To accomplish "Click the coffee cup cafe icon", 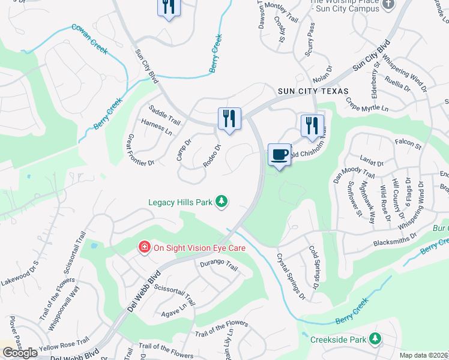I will click(279, 155).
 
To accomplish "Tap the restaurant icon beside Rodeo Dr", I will click(229, 118).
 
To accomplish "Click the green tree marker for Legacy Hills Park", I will click(222, 202).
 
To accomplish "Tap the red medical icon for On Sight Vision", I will click(144, 247).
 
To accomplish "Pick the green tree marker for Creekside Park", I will click(375, 339).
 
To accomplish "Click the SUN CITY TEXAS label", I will click(313, 91).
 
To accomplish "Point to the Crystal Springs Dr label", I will click(291, 275).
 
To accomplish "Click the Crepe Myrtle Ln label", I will click(367, 104).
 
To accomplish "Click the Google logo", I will click(20, 353).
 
